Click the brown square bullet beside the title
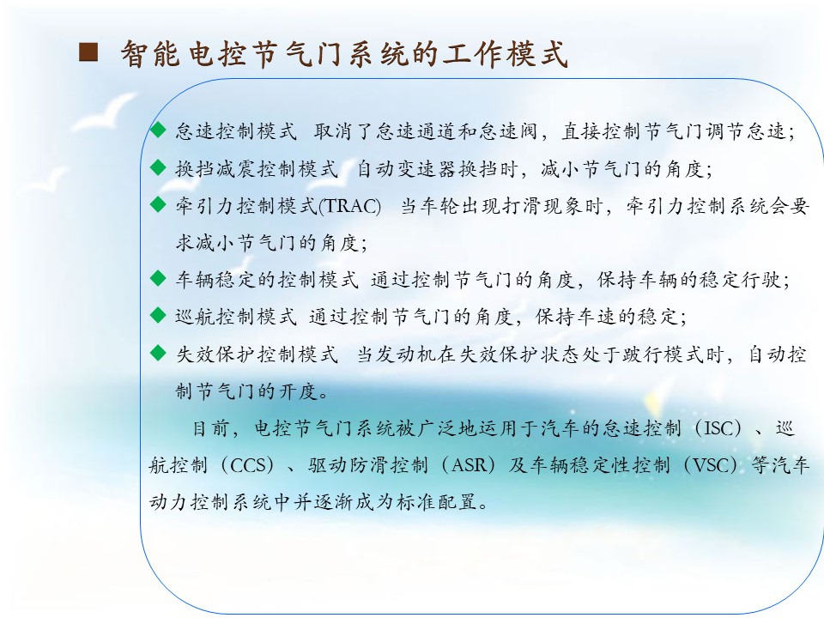pos(88,52)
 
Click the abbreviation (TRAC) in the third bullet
pos(349,205)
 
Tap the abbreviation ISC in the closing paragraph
pos(719,428)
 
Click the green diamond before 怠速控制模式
pos(158,130)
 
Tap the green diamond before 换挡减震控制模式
pos(158,167)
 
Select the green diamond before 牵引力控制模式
pos(158,204)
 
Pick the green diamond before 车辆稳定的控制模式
pos(158,278)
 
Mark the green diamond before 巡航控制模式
pos(158,315)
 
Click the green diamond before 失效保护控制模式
pos(158,353)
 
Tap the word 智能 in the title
pos(150,53)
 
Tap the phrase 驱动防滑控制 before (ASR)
pos(368,465)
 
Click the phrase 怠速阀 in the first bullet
pos(508,131)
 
